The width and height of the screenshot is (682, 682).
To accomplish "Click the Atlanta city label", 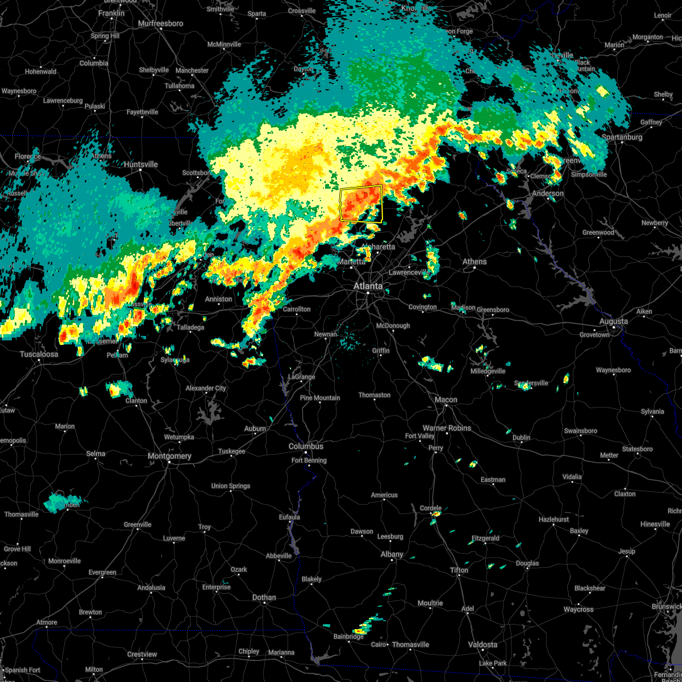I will (x=368, y=286).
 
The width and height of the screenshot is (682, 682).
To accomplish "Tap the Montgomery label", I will (x=169, y=456).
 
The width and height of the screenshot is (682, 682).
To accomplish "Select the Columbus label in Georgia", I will (x=306, y=446).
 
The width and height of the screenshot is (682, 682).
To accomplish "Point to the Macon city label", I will (x=446, y=400).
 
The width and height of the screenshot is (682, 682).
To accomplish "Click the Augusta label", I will (x=614, y=321).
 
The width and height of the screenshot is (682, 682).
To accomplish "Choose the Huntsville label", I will (x=141, y=164).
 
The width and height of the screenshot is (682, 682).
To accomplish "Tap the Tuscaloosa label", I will (x=39, y=354).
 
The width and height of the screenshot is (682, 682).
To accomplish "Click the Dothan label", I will (x=264, y=597).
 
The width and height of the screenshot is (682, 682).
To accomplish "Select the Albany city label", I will (x=392, y=554).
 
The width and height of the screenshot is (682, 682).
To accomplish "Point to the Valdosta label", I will (x=483, y=644).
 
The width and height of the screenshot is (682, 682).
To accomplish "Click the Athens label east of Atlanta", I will (x=475, y=261).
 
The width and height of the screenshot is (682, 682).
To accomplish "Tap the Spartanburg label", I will (x=622, y=137).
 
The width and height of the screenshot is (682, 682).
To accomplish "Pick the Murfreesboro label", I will (x=161, y=23).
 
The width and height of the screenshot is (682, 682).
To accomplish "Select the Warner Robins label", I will (x=447, y=428).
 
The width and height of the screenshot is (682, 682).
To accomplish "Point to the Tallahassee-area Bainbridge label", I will (x=348, y=637).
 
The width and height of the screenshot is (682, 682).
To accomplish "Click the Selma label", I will (x=95, y=454).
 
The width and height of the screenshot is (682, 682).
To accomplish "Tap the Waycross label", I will (x=578, y=609).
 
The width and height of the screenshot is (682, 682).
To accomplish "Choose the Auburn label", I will (x=255, y=429).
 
